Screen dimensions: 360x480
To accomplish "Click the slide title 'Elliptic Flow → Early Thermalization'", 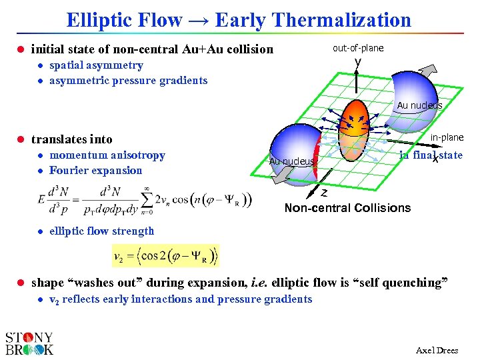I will click(x=239, y=19).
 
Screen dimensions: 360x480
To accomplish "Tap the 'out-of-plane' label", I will click(x=358, y=48).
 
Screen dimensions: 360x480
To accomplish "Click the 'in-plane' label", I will click(x=446, y=137).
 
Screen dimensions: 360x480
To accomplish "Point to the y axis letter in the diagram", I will click(x=358, y=62).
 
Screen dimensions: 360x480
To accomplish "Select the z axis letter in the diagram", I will click(x=323, y=193).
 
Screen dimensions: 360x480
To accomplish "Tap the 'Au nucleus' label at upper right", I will click(x=419, y=105).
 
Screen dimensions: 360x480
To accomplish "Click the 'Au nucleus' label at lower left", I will click(x=291, y=161).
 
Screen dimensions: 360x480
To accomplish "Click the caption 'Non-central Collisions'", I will click(x=347, y=208).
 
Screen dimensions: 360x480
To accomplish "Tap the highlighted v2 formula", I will click(x=165, y=255).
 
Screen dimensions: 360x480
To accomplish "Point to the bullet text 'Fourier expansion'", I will click(x=95, y=171).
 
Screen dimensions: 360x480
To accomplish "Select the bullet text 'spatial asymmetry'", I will click(x=96, y=65).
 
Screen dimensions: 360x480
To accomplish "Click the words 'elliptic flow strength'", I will click(x=101, y=231).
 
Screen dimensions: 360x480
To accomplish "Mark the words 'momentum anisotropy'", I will click(x=107, y=155).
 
